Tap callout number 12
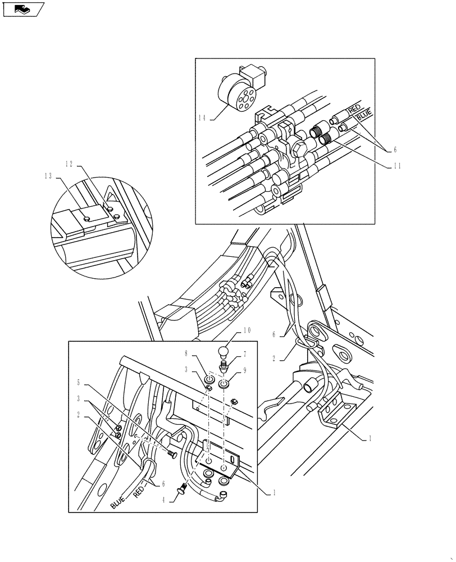click(69, 164)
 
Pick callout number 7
click(244, 355)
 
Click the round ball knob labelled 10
click(222, 352)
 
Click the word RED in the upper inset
click(354, 108)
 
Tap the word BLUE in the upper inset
click(363, 116)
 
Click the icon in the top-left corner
click(23, 9)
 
